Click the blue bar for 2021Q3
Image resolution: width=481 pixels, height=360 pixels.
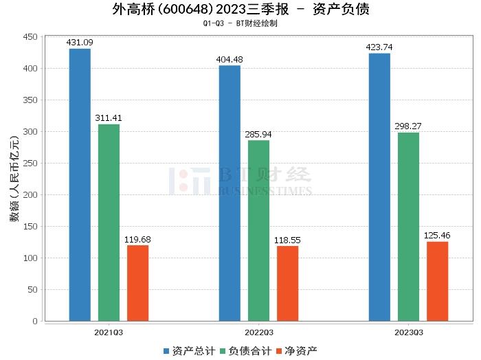pyautogui.click(x=80, y=185)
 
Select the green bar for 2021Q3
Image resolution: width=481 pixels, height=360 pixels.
pyautogui.click(x=109, y=223)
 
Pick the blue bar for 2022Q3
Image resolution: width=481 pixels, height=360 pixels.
pyautogui.click(x=230, y=193)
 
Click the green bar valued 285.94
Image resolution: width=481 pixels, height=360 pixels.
pyautogui.click(x=258, y=231)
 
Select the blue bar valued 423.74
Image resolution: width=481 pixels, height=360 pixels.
pyautogui.click(x=379, y=187)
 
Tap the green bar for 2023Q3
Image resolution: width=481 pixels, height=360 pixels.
pyautogui.click(x=408, y=227)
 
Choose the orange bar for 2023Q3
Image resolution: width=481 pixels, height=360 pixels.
pyautogui.click(x=437, y=281)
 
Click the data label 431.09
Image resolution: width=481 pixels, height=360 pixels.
pyautogui.click(x=80, y=43)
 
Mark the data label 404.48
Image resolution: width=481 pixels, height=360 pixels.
pyautogui.click(x=230, y=59)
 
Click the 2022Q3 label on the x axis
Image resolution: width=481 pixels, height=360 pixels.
pyautogui.click(x=258, y=332)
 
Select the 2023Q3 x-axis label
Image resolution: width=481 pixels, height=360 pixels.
pyautogui.click(x=408, y=332)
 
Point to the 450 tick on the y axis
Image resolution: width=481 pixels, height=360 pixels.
pyautogui.click(x=30, y=37)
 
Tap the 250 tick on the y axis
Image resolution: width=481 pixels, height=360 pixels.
pyautogui.click(x=30, y=164)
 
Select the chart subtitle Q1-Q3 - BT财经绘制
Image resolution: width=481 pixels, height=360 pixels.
pyautogui.click(x=240, y=23)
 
